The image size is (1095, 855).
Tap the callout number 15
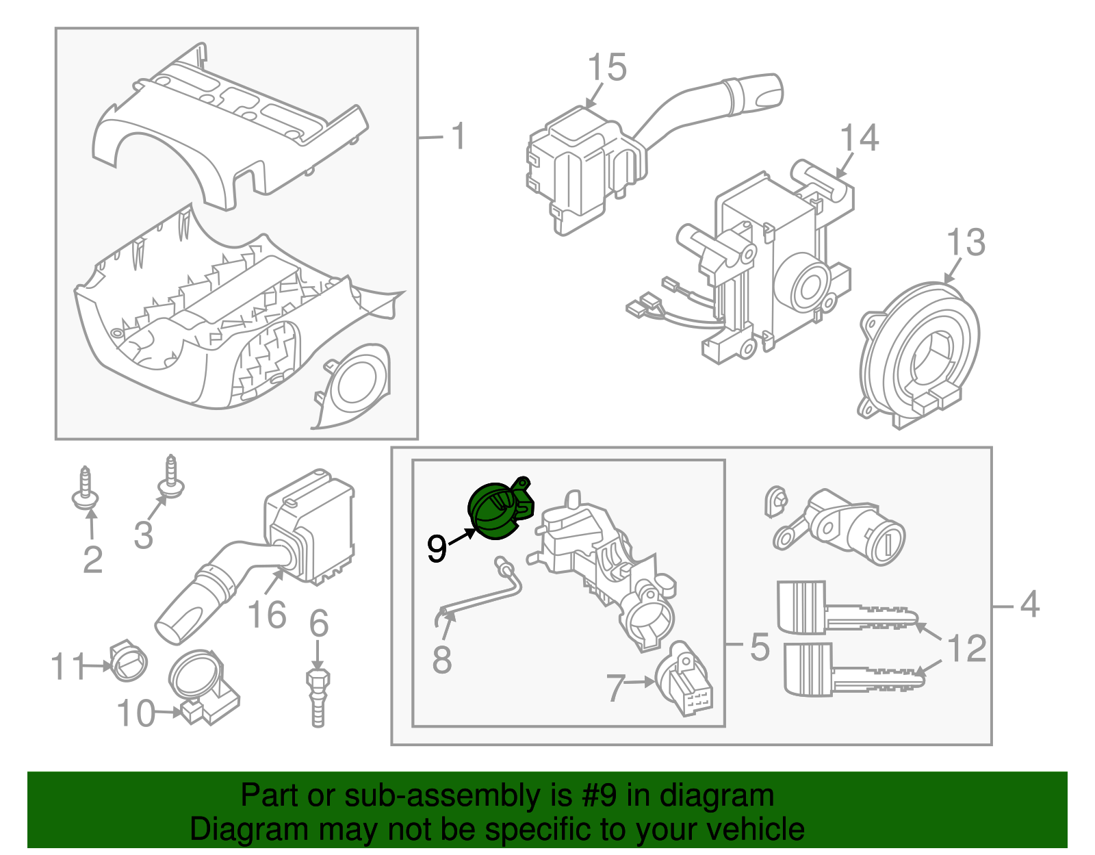point(606,68)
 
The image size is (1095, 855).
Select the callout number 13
point(965,242)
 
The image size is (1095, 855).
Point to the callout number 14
point(859,138)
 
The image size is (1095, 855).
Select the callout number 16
point(266,614)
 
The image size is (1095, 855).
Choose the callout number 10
point(136,713)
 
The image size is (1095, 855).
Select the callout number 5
point(759,647)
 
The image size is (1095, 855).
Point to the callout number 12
point(967,648)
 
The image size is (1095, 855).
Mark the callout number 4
point(1029,604)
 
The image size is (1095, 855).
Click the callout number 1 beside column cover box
point(458,136)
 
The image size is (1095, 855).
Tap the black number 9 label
point(437,548)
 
